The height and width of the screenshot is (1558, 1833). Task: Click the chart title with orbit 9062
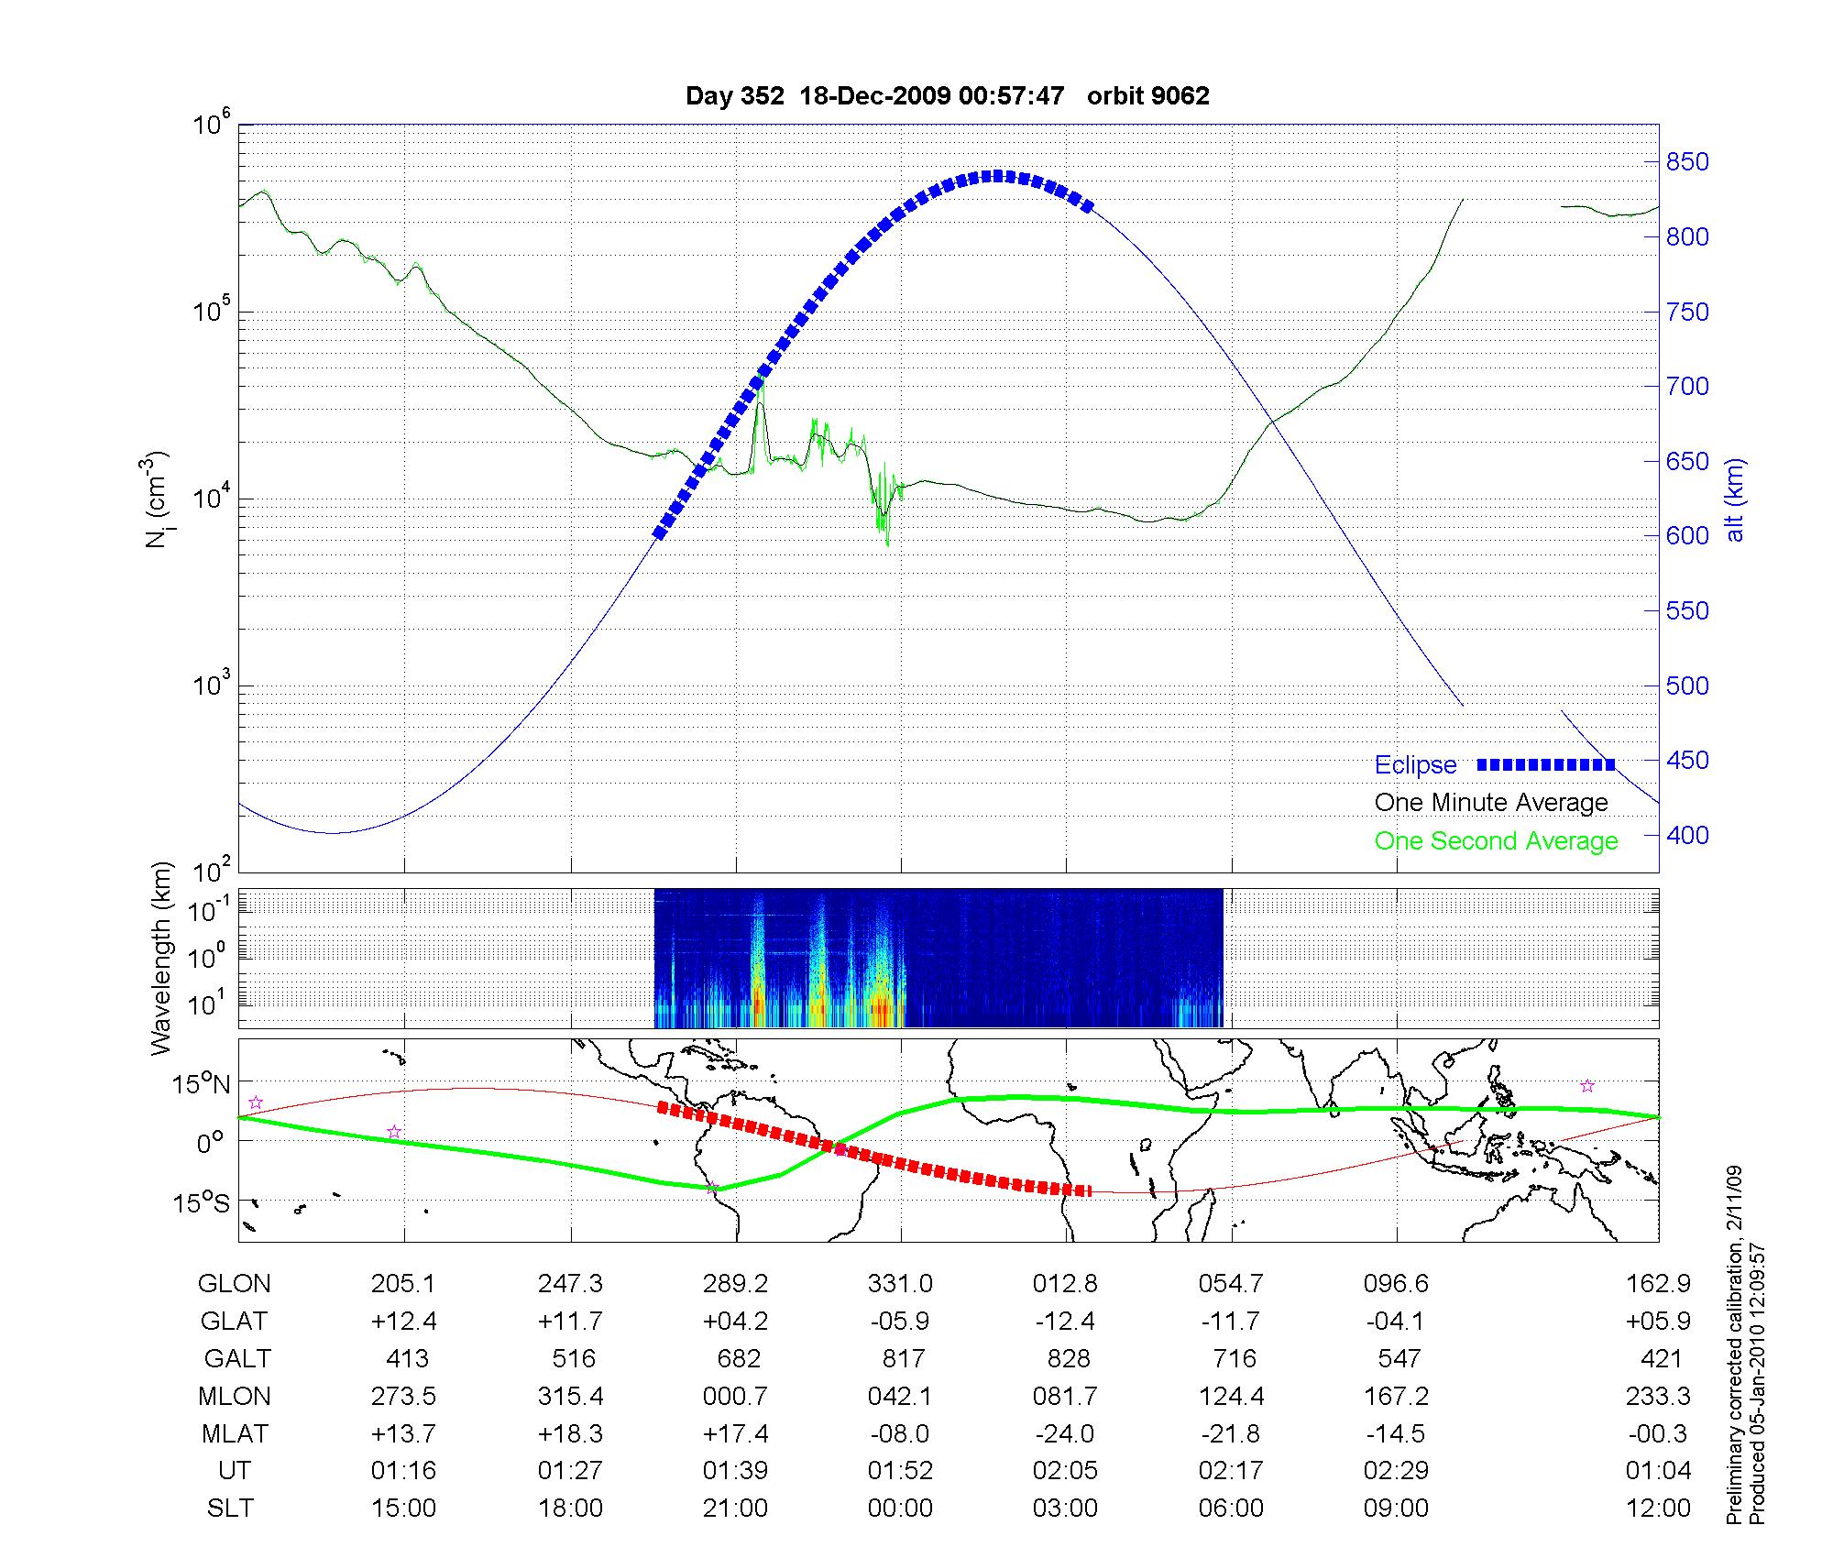tap(947, 96)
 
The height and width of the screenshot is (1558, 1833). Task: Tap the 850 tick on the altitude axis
tap(1686, 162)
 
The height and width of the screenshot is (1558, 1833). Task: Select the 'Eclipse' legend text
tap(1415, 765)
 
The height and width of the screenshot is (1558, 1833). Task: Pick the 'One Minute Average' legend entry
tap(1491, 803)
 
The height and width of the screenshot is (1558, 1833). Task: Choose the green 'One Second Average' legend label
tap(1496, 841)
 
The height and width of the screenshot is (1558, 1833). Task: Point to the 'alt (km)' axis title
tap(1736, 499)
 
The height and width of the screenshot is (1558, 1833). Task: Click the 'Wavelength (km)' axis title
tap(162, 958)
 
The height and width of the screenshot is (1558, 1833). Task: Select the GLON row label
tap(234, 1284)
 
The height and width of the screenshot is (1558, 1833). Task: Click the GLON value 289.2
tap(735, 1284)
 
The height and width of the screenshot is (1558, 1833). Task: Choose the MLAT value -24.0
tap(1066, 1433)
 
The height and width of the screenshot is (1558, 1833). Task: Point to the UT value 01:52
tap(900, 1471)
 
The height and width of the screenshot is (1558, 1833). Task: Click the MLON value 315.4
tap(570, 1396)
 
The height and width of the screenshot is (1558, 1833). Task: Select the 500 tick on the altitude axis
tap(1686, 686)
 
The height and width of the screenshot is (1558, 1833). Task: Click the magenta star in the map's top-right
tap(1587, 1086)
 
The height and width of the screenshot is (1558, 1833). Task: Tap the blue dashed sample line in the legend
tap(1545, 764)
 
